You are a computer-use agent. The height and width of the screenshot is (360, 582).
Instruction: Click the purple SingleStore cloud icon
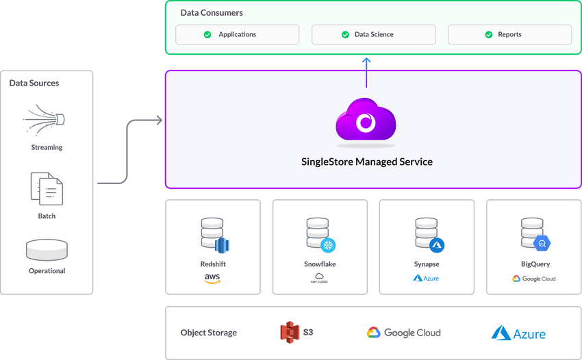coord(366,122)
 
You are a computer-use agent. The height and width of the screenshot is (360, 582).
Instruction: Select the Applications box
coord(238,34)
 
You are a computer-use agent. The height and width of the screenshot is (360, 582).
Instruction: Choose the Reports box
coord(509,34)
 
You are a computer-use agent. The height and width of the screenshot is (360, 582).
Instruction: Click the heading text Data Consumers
coord(212,13)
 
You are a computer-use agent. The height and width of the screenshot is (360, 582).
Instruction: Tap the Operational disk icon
coord(47,249)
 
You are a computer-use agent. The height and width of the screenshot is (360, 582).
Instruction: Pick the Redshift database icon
coord(212,235)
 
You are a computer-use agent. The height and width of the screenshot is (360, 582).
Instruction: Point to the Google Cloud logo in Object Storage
coord(404,333)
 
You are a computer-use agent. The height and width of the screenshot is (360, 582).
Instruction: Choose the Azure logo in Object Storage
coord(518,333)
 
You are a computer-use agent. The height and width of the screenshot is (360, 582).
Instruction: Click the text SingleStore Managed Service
coord(367,162)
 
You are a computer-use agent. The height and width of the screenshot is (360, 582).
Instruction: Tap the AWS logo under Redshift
coord(212,279)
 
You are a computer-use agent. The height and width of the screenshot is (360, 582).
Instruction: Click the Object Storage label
coord(209,333)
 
